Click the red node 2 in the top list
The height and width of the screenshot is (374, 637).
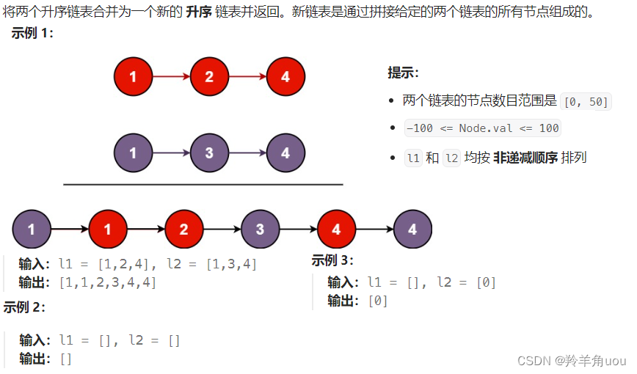click(209, 76)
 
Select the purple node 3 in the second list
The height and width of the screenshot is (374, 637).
click(209, 153)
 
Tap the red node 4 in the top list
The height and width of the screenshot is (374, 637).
click(285, 76)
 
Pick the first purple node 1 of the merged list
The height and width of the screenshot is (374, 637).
click(32, 230)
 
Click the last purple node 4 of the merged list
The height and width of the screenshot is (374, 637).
click(412, 230)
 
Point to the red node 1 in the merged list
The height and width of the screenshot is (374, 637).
click(108, 230)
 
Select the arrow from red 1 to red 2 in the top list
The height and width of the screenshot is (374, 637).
click(171, 76)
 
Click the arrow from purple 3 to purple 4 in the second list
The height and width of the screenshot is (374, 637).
click(247, 153)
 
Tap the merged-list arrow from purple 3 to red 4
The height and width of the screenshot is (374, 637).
click(298, 230)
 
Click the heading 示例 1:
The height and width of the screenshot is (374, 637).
click(32, 34)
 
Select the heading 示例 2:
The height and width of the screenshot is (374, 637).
click(24, 307)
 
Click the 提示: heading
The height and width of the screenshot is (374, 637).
click(403, 73)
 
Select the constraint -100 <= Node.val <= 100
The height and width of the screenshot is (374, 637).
click(482, 128)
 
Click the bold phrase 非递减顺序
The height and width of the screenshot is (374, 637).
click(525, 158)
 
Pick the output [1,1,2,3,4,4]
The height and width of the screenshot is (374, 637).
click(107, 282)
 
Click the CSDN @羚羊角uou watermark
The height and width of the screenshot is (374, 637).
click(572, 361)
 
